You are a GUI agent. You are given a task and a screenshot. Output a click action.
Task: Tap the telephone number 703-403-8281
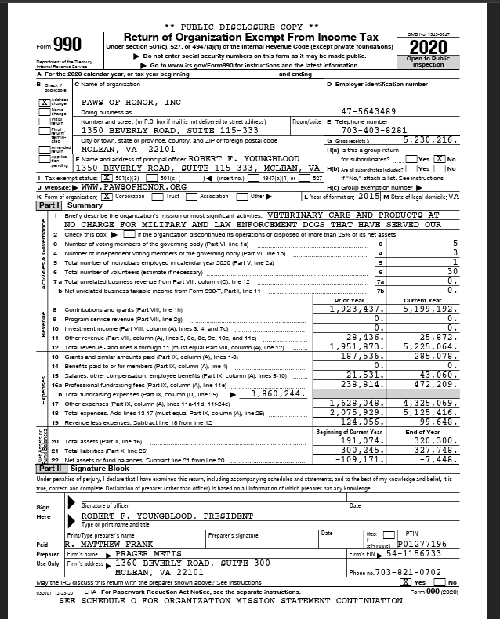pyautogui.click(x=375, y=130)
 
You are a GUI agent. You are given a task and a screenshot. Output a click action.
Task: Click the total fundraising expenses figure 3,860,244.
pyautogui.click(x=274, y=393)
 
